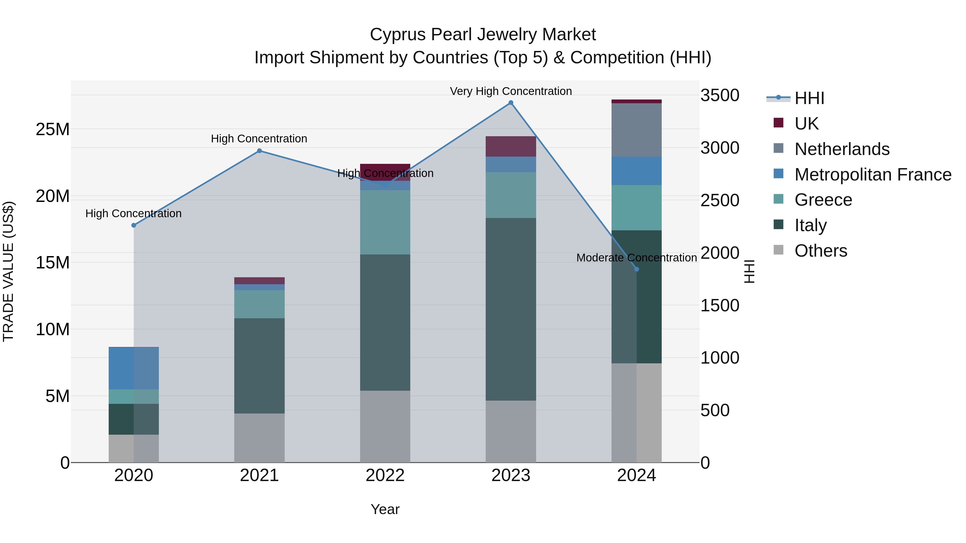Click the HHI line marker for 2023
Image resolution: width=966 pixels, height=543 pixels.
click(x=511, y=103)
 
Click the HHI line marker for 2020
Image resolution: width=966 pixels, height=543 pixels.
click(x=134, y=225)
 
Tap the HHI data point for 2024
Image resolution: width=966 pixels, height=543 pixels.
click(x=636, y=269)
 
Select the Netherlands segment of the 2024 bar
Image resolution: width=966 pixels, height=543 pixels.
click(x=636, y=130)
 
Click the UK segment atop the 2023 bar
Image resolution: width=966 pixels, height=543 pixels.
click(x=511, y=146)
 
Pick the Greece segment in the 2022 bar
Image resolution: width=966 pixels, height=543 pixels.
click(x=385, y=222)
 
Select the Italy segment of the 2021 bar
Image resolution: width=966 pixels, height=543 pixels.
click(x=259, y=366)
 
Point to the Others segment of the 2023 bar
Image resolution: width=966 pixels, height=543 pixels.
click(x=511, y=431)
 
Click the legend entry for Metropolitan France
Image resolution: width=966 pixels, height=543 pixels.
click(x=872, y=175)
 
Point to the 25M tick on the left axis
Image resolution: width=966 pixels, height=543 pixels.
click(x=53, y=129)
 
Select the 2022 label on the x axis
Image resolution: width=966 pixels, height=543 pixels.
click(x=385, y=475)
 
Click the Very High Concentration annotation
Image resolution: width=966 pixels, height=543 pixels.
click(x=511, y=91)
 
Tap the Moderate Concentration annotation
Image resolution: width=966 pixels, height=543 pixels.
click(x=636, y=258)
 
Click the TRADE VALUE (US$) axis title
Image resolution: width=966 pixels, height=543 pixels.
click(x=8, y=271)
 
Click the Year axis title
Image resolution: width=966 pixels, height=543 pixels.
click(x=385, y=509)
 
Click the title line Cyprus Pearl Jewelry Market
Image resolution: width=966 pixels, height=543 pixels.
click(x=483, y=35)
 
